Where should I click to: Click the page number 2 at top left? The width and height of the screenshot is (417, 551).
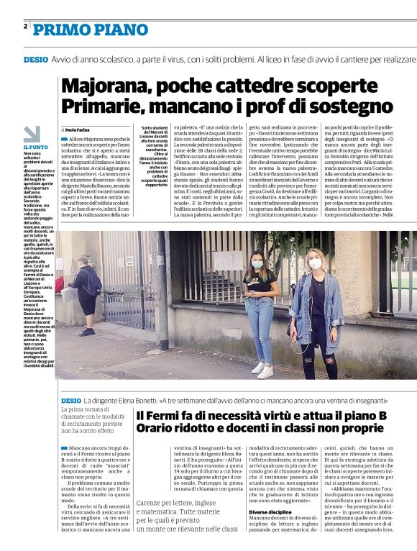[x=26, y=27]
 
